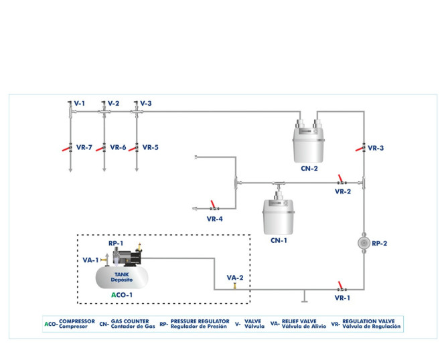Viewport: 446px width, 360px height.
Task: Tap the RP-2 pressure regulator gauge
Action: click(363, 243)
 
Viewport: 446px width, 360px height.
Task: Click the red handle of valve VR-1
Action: click(342, 285)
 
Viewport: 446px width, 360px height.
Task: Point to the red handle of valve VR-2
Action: click(340, 178)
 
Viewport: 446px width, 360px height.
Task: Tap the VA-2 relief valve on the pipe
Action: click(234, 286)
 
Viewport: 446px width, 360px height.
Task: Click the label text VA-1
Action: click(90, 260)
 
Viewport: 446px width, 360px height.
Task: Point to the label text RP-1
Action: click(116, 244)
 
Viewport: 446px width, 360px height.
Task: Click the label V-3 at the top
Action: click(146, 104)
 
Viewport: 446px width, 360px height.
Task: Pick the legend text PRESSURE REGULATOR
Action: click(200, 321)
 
